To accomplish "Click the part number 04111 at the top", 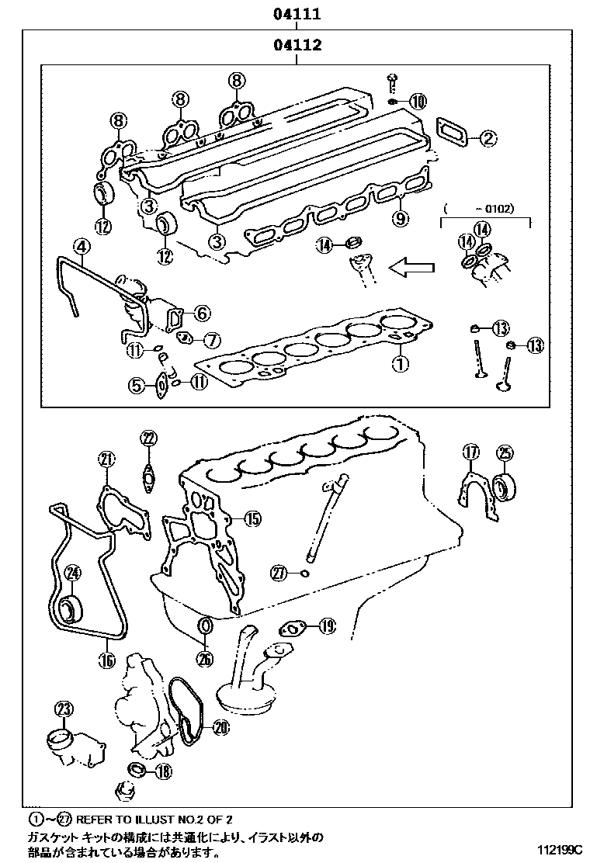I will coord(297,14).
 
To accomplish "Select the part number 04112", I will coord(297,45).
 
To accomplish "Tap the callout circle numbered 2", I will coord(488,139).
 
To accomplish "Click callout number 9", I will coord(400,219).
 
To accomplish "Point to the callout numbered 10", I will coord(418,101).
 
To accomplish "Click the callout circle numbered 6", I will coord(202,313).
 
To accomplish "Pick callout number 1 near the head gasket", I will coord(400,362).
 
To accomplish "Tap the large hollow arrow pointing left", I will coord(411,269).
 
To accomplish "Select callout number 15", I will coord(252,518).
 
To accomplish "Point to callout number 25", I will coord(505,452).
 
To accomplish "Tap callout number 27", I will coord(279,574).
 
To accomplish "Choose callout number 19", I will coord(326,624).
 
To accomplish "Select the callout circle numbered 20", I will coord(220,727).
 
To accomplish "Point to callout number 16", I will coord(106,660).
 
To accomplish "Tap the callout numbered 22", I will coord(148,439).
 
